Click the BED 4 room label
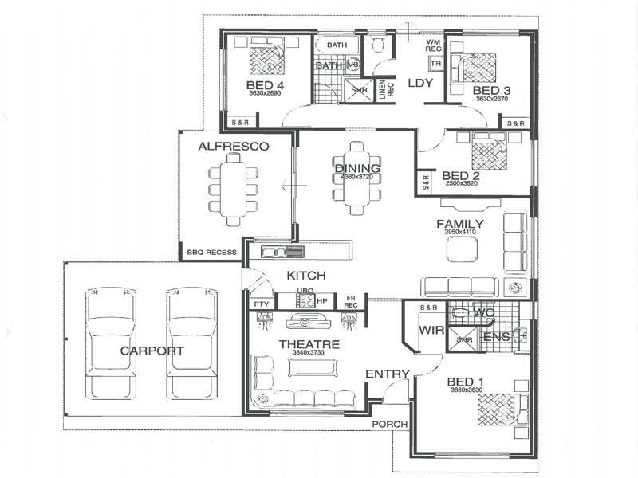pos(266,85)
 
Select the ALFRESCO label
pos(233,146)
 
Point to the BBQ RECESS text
pos(211,253)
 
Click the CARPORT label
pos(152,351)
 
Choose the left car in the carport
pos(111,343)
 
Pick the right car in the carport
pos(192,343)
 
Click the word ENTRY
pos(388,374)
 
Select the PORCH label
pos(390,424)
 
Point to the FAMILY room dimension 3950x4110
pos(459,232)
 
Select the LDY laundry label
pos(419,83)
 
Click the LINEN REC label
pos(385,90)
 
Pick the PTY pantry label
pos(260,304)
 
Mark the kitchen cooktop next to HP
pos(304,300)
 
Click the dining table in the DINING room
pos(356,178)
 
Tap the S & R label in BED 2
pos(423,182)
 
